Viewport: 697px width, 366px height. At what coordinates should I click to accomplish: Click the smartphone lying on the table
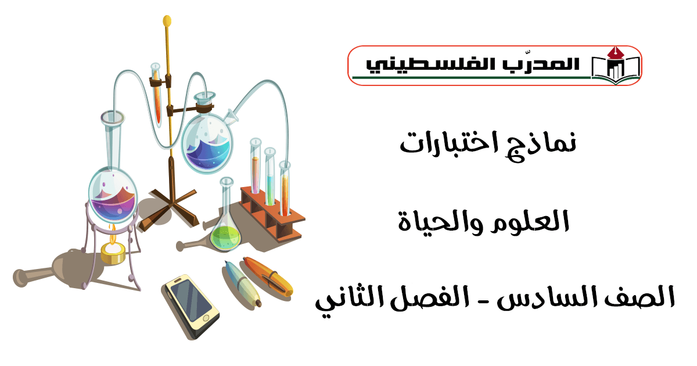[x=191, y=306]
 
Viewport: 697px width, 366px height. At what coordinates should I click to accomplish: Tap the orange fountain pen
[x=268, y=276]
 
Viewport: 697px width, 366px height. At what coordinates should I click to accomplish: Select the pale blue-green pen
[x=243, y=284]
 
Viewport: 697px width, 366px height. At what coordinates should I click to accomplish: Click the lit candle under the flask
[x=113, y=249]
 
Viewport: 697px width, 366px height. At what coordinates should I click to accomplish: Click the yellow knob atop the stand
[x=167, y=21]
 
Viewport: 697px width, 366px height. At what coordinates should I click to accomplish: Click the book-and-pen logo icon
[x=616, y=66]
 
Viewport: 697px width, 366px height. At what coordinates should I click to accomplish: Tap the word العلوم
[x=530, y=221]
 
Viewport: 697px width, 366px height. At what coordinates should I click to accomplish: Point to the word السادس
[x=547, y=297]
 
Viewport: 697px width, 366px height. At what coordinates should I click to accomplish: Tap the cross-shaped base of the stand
[x=170, y=209]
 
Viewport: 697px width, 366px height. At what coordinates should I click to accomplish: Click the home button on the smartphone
[x=206, y=319]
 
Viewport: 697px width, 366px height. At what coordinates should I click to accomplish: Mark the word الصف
[x=639, y=297]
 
